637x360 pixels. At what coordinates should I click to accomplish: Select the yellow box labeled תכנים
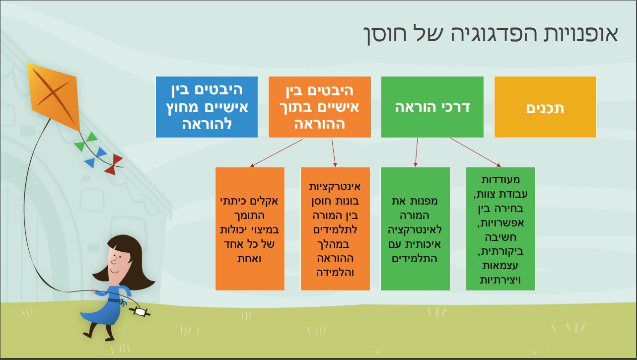tap(545, 107)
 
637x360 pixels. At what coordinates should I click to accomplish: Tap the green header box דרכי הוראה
tap(432, 107)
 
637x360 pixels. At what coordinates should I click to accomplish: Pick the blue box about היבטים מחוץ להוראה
tap(207, 107)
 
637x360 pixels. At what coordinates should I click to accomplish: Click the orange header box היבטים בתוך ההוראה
tap(320, 107)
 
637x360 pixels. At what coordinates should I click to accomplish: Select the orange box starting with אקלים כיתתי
tap(250, 229)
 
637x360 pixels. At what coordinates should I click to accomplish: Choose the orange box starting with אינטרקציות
tap(335, 229)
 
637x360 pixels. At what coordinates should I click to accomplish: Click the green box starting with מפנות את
tap(415, 229)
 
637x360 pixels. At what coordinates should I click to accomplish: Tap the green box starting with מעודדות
tap(500, 229)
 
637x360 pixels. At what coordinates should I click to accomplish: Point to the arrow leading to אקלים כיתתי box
tap(276, 153)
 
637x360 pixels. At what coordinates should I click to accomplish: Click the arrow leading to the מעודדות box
tap(475, 152)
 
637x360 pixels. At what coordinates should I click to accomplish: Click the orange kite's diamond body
tap(53, 97)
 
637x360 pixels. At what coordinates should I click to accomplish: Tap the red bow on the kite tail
tap(114, 164)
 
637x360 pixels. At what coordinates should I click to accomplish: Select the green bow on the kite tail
tap(85, 142)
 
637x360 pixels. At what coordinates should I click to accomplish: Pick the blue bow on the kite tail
tap(95, 157)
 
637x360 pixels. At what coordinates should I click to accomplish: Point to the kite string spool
tap(140, 312)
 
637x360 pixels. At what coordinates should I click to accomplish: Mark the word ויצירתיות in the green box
tap(500, 281)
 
